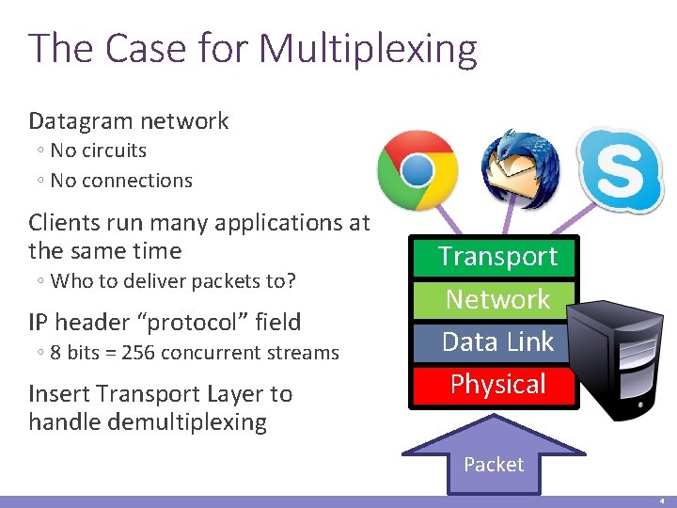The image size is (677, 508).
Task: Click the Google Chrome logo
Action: pos(417,170)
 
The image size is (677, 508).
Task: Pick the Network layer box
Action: pos(497,299)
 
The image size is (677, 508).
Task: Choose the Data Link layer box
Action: pos(497,341)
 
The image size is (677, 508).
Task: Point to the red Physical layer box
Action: pos(497,384)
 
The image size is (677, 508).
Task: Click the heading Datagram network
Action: pos(129,120)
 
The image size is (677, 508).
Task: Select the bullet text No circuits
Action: pos(98,151)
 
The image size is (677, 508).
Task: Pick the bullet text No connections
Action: pos(120,181)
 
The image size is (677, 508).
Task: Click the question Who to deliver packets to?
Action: pos(173,281)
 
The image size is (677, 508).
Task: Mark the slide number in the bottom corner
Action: pos(662,501)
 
